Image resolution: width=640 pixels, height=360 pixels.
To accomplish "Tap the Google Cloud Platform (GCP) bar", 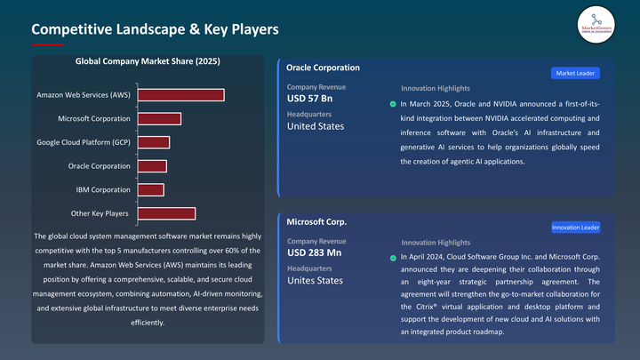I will tap(153, 142).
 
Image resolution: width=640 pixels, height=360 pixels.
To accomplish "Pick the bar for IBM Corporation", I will tap(150, 189).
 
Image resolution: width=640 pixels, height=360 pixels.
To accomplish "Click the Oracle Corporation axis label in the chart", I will tap(100, 166).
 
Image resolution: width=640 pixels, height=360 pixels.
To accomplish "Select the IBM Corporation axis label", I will tap(103, 189).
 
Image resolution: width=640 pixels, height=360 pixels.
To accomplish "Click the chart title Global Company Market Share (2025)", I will tap(148, 61).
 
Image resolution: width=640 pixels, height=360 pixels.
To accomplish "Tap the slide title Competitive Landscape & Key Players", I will tap(156, 29).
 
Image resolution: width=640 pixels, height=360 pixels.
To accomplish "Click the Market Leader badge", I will tap(575, 73).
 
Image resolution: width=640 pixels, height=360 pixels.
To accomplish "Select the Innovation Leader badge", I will tap(575, 228).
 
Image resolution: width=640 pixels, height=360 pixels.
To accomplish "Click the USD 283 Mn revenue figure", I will tap(314, 253).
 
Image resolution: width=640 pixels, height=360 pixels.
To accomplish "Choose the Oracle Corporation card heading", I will tap(324, 68).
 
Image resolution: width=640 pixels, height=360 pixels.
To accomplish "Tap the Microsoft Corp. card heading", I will tap(316, 221).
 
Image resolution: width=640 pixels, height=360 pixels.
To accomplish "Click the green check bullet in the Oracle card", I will tap(393, 104).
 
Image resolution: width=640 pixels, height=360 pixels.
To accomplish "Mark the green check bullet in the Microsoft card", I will tap(393, 258).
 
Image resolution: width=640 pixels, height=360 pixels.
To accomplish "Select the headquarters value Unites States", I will tap(315, 281).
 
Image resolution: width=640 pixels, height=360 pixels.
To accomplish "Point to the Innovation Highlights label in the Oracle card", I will tap(436, 89).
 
